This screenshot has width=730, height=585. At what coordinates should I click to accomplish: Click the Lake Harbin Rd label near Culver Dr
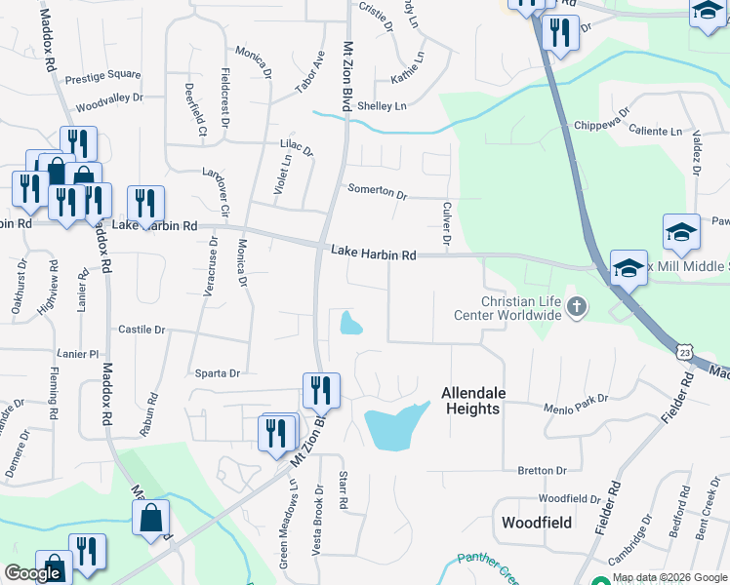click(x=374, y=254)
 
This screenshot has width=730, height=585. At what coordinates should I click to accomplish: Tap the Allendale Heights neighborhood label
click(x=473, y=400)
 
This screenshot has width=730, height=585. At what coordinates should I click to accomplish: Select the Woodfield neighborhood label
click(x=536, y=523)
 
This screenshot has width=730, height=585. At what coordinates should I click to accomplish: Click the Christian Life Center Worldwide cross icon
click(x=577, y=308)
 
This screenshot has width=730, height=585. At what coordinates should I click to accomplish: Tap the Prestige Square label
click(x=103, y=74)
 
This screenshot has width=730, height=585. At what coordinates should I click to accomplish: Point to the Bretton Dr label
click(x=536, y=470)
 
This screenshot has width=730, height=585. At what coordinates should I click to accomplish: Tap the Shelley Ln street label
click(x=382, y=105)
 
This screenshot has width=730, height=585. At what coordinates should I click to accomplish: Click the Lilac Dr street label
click(x=296, y=150)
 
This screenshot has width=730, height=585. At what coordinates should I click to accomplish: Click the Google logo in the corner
click(x=33, y=573)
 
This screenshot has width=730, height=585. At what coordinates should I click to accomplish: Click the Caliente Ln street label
click(x=655, y=130)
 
